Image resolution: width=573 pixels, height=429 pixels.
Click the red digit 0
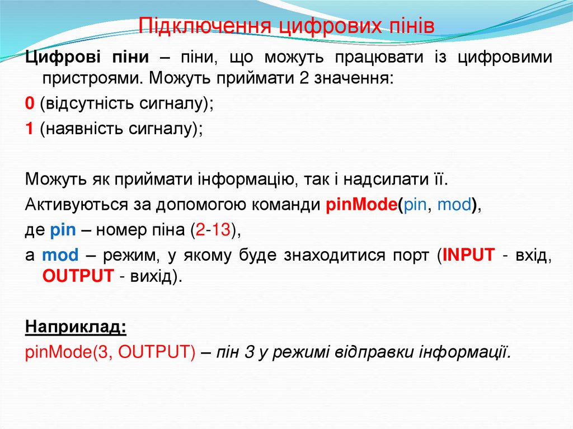pos(30,104)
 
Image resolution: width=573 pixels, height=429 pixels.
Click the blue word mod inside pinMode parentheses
pos(454,205)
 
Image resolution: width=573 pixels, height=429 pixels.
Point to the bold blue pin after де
pos(62,230)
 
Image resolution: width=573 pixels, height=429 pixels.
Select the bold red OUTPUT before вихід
pos(78,276)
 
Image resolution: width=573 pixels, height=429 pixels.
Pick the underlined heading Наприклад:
pos(76,327)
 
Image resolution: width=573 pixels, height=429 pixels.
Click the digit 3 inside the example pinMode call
pos(100,353)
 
